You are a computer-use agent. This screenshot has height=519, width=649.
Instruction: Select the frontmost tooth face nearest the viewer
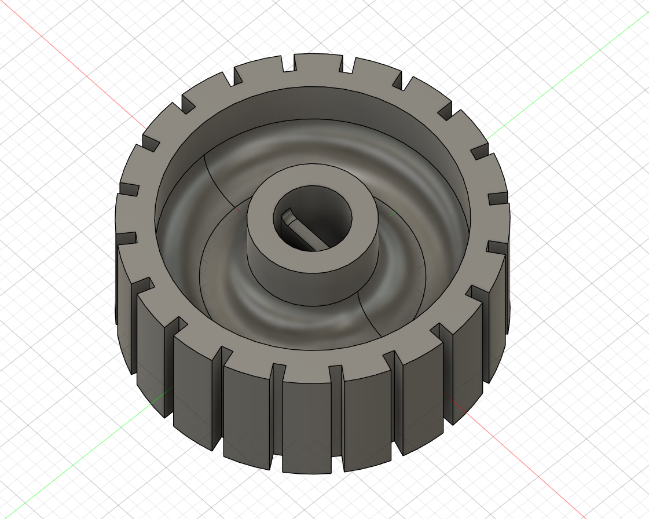coord(307,423)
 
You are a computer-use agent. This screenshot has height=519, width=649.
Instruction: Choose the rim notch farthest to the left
coord(129,237)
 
